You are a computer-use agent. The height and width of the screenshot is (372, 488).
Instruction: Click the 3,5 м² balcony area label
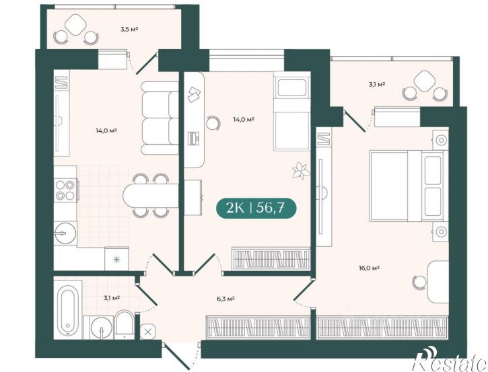(x=129, y=30)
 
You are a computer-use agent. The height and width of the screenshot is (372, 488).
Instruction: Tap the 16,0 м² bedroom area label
(x=369, y=268)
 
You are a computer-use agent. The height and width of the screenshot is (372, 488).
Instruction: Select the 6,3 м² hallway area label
(x=225, y=299)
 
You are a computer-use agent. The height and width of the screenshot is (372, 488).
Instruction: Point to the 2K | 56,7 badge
(x=256, y=208)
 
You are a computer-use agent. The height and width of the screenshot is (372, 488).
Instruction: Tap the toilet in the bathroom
(x=124, y=324)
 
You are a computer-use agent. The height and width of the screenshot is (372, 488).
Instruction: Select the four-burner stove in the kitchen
(x=65, y=190)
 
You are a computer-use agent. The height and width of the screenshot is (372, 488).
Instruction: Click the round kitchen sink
(x=65, y=233)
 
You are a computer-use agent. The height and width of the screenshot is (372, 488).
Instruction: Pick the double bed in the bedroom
(x=409, y=186)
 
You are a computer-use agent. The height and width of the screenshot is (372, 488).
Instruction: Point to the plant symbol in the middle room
(x=301, y=170)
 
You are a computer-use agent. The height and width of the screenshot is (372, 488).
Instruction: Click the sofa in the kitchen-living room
(x=160, y=118)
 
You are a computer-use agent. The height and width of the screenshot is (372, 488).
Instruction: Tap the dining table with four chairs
(x=151, y=196)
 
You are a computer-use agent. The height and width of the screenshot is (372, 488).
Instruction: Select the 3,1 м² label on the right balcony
(x=377, y=84)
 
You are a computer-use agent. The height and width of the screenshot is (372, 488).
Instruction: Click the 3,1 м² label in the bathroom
(x=112, y=297)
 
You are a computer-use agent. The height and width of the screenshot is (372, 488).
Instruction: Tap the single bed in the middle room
(x=291, y=112)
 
